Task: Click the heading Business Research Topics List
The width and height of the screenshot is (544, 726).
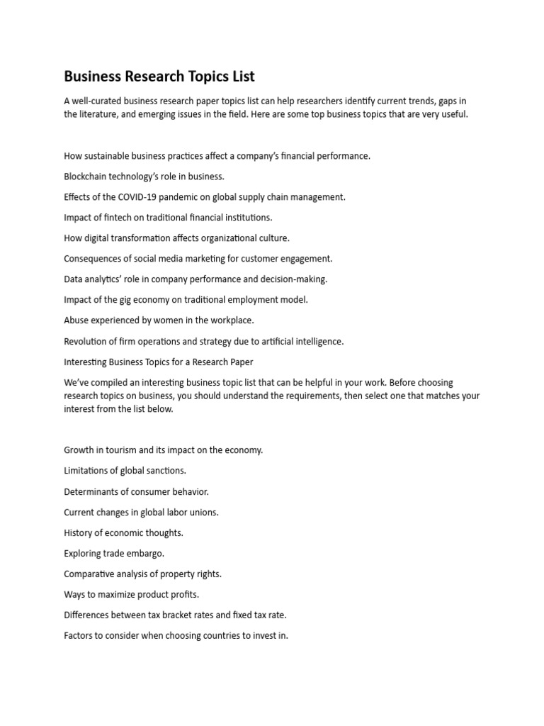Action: point(159,76)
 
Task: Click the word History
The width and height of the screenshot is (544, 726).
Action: point(78,532)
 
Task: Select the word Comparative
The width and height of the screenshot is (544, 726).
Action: point(90,574)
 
